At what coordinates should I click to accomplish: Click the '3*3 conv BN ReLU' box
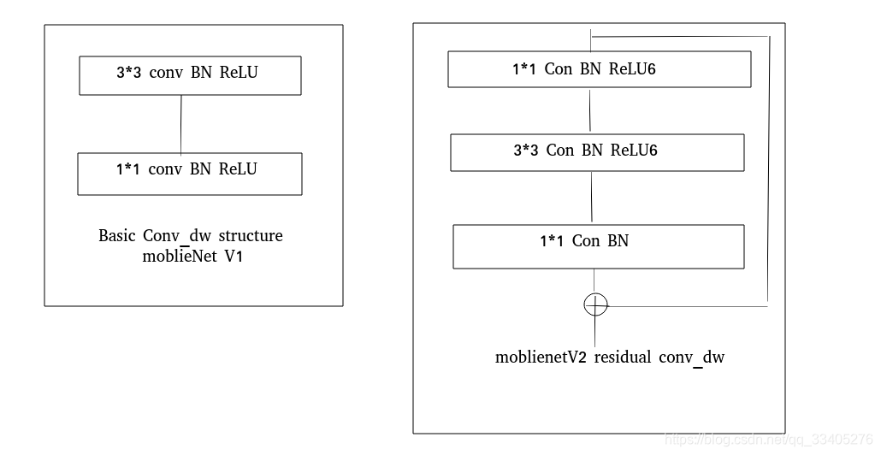[189, 75]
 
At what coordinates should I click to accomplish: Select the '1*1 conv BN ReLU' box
[189, 174]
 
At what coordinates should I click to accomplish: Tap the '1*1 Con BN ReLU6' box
[599, 69]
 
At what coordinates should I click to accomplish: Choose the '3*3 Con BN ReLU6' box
[597, 151]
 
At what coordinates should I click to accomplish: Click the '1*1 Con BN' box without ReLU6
[598, 245]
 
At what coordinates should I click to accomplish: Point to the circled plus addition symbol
[595, 304]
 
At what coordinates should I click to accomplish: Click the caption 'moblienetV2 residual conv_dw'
[609, 357]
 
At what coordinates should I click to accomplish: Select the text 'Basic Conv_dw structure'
[190, 236]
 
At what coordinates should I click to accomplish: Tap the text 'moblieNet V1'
[192, 257]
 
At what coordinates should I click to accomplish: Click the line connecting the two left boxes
[181, 124]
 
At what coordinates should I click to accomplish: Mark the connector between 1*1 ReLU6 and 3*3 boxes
[590, 109]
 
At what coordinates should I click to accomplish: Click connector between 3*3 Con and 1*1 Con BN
[592, 198]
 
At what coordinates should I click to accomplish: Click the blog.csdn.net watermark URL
[768, 439]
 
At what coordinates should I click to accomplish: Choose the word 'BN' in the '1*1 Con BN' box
[618, 241]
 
